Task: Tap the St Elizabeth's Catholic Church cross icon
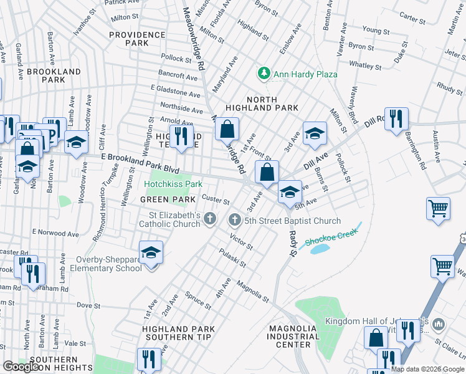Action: click(x=211, y=219)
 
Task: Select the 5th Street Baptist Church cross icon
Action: click(x=235, y=219)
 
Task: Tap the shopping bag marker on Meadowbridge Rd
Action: click(x=227, y=129)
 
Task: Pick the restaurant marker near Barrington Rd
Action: click(x=396, y=119)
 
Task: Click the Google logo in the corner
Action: click(x=20, y=367)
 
